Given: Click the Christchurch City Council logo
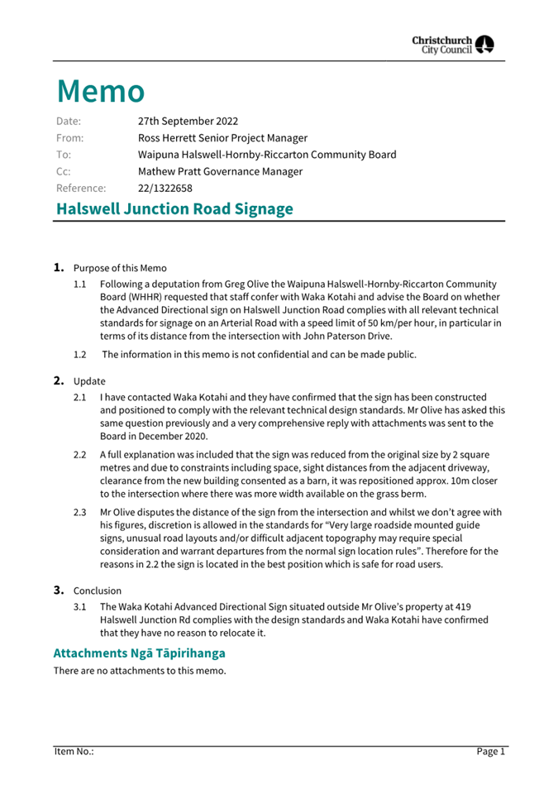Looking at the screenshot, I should pos(454,44).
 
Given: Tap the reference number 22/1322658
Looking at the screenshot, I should pos(165,188).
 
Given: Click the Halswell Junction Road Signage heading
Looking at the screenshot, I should pos(174,208).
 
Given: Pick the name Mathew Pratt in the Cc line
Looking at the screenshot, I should pos(171,171).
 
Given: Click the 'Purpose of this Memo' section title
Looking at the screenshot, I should pos(120,268).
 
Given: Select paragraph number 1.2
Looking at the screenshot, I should pos(80,355).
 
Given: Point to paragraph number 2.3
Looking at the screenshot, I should pos(80,513).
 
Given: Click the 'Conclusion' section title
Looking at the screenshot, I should pos(98,591).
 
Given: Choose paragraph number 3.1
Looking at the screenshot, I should pos(80,607).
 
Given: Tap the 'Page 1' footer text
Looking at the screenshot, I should pos(490,751).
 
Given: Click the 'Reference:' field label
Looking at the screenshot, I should pos(81,188).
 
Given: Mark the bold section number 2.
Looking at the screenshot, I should pos(59,380).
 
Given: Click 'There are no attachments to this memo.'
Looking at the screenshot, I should pos(140,671).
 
